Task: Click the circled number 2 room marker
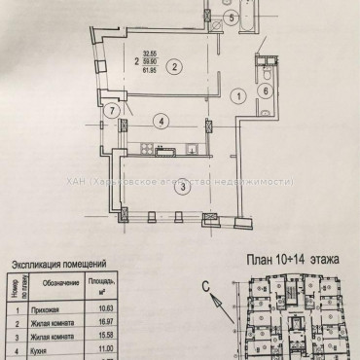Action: tap(173, 67)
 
